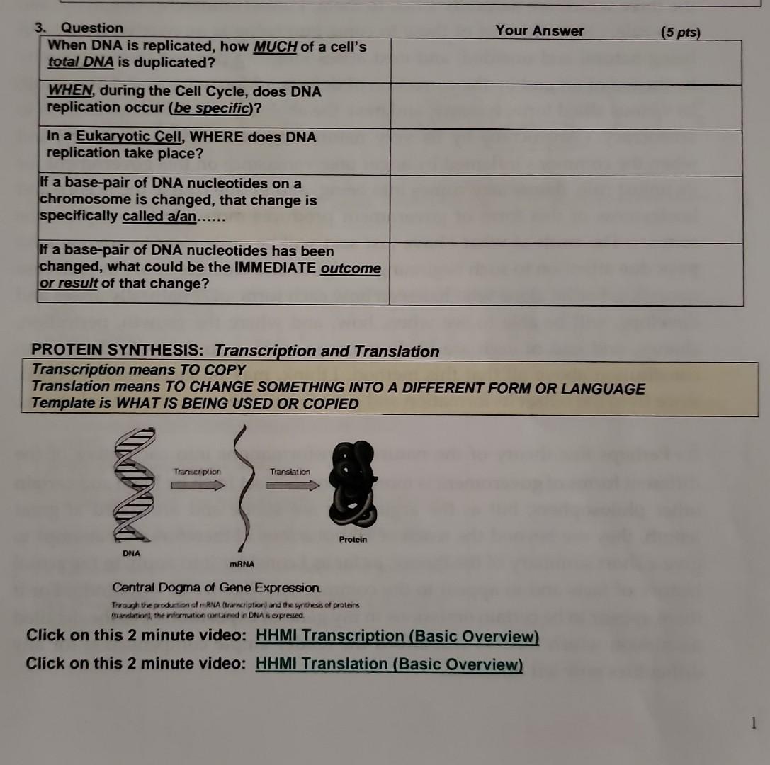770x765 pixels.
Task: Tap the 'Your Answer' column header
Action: pyautogui.click(x=540, y=30)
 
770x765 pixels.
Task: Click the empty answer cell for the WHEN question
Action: pyautogui.click(x=565, y=107)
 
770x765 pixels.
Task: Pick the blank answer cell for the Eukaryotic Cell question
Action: pyautogui.click(x=565, y=152)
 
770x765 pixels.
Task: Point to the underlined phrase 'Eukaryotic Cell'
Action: pyautogui.click(x=120, y=137)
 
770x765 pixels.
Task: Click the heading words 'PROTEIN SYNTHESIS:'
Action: pyautogui.click(x=120, y=351)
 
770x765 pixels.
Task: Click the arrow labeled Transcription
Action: pyautogui.click(x=197, y=484)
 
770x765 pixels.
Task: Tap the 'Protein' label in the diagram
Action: pyautogui.click(x=353, y=539)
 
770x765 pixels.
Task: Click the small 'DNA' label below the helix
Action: pyautogui.click(x=131, y=552)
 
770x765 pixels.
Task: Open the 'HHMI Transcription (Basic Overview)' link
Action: pyautogui.click(x=397, y=636)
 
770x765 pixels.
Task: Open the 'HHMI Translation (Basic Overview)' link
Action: pyautogui.click(x=389, y=664)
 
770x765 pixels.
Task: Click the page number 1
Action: pyautogui.click(x=754, y=722)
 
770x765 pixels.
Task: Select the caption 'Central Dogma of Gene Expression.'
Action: pyautogui.click(x=217, y=588)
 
